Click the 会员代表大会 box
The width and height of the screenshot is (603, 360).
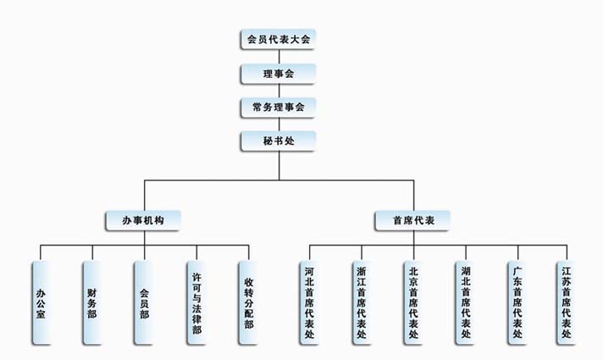(x=279, y=39)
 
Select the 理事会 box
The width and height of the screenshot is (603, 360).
(x=279, y=74)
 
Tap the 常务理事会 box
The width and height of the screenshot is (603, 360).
(x=279, y=108)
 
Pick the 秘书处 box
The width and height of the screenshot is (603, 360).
(x=279, y=141)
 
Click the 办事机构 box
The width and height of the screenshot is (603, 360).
(x=143, y=220)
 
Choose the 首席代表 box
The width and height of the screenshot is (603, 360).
(x=412, y=220)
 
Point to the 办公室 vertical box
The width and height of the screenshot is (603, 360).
(x=41, y=302)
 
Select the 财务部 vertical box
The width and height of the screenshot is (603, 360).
(x=92, y=302)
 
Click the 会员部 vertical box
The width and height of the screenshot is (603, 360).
(x=144, y=302)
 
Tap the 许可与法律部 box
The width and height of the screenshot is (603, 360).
(x=196, y=302)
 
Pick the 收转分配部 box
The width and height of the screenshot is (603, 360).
(x=248, y=302)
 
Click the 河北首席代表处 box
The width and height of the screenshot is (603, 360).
(x=309, y=302)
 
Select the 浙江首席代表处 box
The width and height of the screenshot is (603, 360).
(x=362, y=302)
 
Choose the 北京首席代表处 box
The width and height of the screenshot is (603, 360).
(x=414, y=302)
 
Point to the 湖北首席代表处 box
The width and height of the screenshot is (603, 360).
(x=466, y=302)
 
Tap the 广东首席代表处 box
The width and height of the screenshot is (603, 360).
(x=517, y=302)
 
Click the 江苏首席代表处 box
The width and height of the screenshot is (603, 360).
(x=567, y=302)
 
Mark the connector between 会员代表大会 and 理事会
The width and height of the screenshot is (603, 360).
(x=279, y=57)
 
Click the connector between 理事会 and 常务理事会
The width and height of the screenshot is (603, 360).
(x=279, y=91)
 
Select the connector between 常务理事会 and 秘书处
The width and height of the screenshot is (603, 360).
(x=279, y=125)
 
